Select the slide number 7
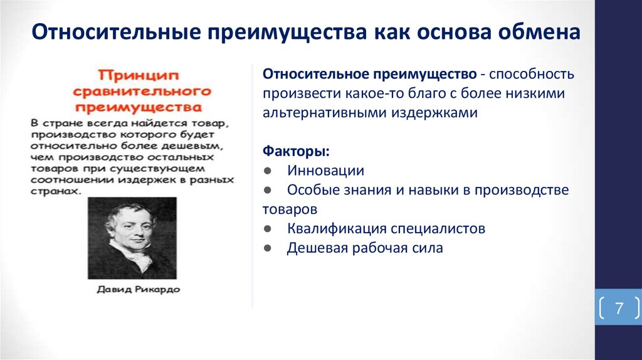click(619, 308)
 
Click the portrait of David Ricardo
click(132, 238)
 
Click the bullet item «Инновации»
click(325, 171)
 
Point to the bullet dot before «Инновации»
click(268, 171)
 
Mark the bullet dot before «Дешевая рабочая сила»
click(268, 248)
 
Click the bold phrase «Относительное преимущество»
click(369, 75)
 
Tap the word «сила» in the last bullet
click(428, 248)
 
